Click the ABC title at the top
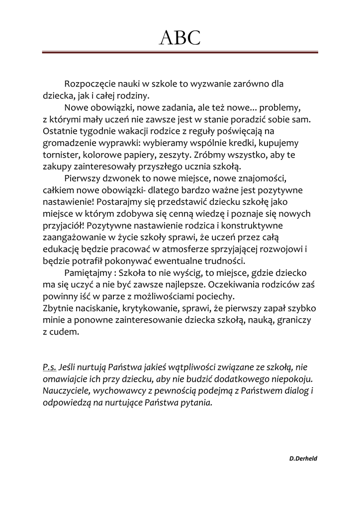180,37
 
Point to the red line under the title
180,52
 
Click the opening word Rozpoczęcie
89,84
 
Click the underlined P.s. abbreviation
49,368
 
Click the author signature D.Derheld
303,458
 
